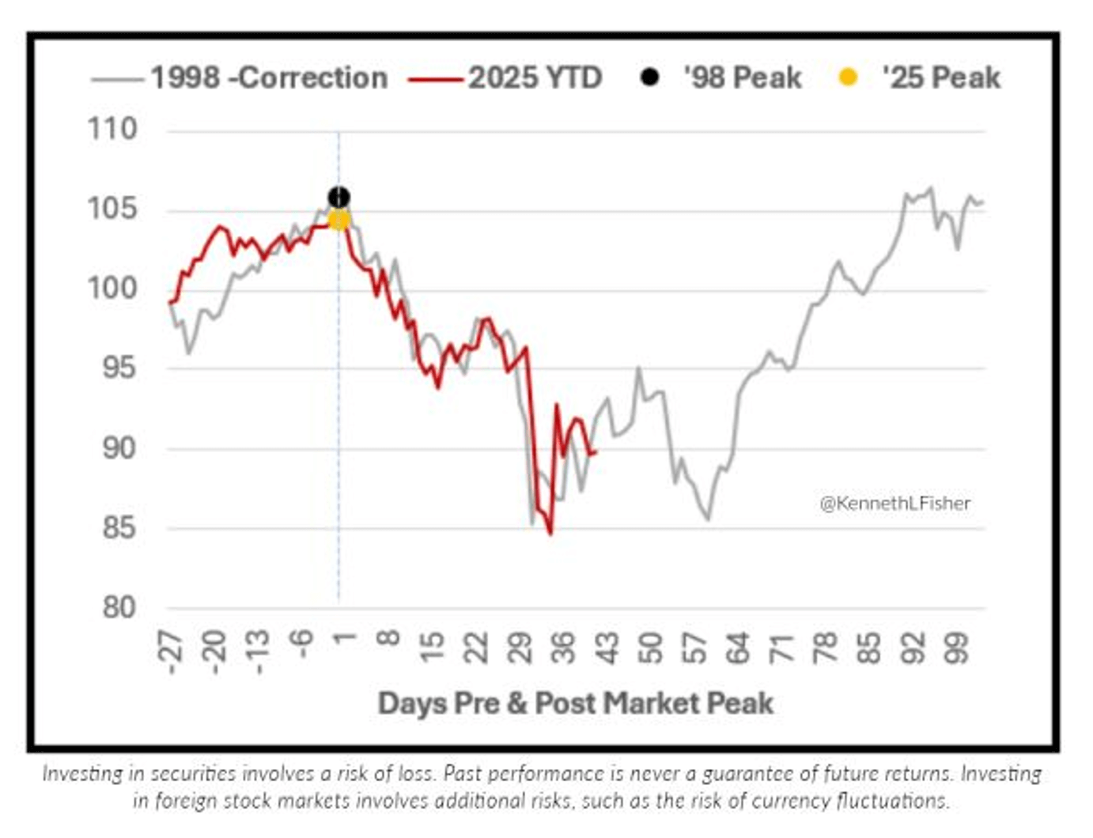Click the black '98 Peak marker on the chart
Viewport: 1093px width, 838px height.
[338, 197]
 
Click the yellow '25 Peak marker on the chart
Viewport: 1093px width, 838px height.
[338, 219]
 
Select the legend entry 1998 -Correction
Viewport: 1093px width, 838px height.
[269, 77]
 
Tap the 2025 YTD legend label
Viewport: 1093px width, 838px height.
[535, 77]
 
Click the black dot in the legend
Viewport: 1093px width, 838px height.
[649, 77]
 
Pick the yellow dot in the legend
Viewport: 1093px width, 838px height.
[848, 77]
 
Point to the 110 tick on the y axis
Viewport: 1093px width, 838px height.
[112, 129]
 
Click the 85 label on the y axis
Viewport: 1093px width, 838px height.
[119, 527]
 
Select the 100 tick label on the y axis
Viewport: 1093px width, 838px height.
[112, 288]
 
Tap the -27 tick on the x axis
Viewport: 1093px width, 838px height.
[172, 651]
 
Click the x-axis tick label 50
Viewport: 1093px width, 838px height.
[650, 647]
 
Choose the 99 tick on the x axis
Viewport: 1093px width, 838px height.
[956, 647]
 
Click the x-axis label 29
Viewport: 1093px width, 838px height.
[520, 647]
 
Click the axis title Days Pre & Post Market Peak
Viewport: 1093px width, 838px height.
[575, 703]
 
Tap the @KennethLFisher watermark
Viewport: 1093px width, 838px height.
[894, 503]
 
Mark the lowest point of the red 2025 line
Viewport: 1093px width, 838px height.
[550, 534]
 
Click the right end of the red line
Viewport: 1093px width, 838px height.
[596, 452]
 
